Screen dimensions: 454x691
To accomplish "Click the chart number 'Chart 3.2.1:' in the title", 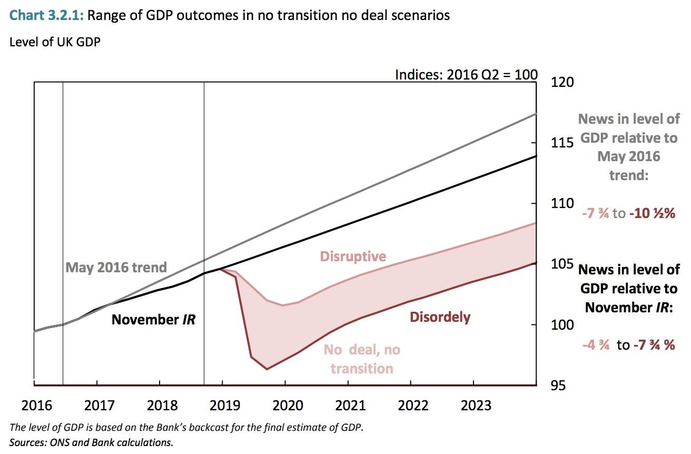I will point(47,15).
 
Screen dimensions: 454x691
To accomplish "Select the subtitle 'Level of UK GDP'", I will point(55,42).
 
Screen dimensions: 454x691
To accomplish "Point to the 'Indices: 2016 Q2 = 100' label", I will point(466,75).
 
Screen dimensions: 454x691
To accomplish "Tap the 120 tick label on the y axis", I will point(562,82).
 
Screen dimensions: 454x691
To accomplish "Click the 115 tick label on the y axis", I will point(562,143).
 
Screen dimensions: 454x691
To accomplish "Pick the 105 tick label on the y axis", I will point(562,264).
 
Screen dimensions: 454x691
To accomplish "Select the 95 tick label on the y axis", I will point(562,386).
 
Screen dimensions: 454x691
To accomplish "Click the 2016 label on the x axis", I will point(36,406).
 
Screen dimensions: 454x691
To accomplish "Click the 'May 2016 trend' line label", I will point(116,267).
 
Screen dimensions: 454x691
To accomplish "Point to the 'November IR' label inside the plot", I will point(153,319).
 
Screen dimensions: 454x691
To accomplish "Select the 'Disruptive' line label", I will point(353,256).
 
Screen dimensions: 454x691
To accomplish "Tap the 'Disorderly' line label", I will point(440,317).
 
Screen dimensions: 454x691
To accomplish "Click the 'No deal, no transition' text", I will point(362,359).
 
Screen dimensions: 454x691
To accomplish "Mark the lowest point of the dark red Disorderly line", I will point(266,369).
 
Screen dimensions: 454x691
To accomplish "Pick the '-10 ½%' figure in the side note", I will point(652,214).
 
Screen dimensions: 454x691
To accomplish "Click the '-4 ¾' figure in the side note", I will point(596,346).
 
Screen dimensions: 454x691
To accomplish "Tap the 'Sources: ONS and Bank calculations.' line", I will point(91,442).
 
